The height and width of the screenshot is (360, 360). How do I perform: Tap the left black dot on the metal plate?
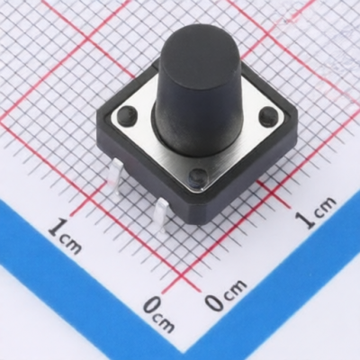(127, 115)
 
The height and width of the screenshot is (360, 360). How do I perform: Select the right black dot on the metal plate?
(267, 117)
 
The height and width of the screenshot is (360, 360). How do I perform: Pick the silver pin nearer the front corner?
(161, 214)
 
